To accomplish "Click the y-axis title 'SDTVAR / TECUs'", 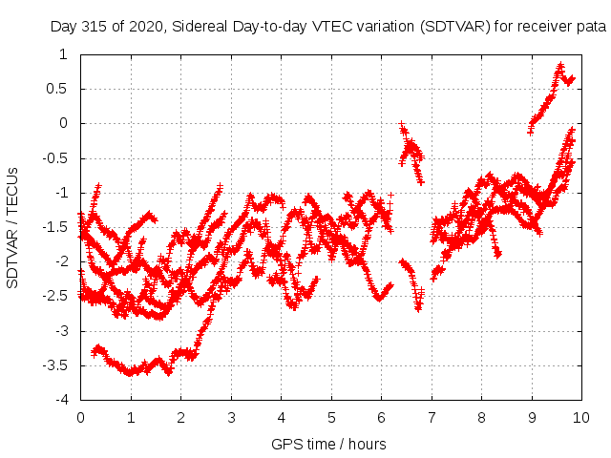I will (12, 226).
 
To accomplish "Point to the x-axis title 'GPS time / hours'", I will (328, 444).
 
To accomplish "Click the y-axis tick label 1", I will (63, 54).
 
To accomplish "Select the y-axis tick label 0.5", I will (58, 89).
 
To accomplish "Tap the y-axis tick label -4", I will (61, 400).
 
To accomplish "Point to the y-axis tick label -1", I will (61, 193).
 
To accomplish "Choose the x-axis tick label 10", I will (581, 417).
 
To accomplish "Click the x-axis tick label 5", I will (331, 417).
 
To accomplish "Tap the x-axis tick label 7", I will (432, 417).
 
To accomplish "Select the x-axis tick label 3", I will (231, 417).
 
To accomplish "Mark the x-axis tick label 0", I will (80, 417).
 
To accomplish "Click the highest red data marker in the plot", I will (561, 66).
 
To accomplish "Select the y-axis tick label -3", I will (61, 331).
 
